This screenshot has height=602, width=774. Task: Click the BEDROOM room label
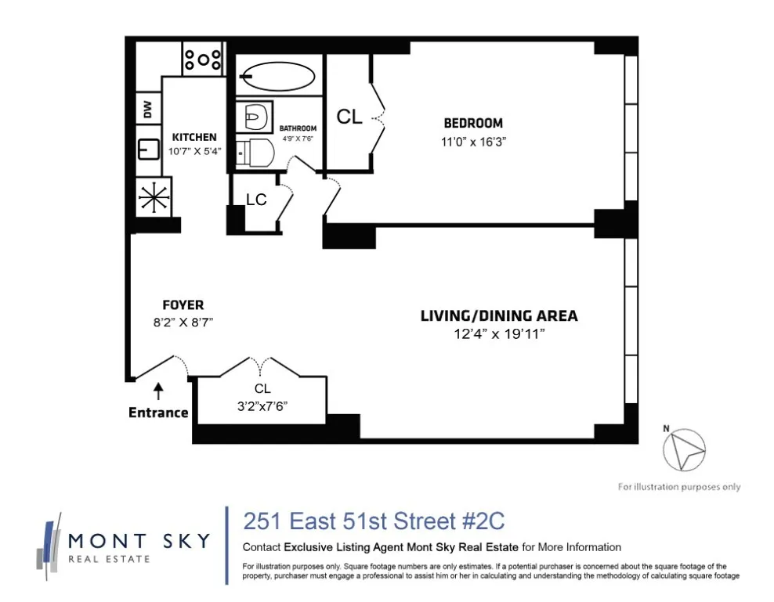click(x=473, y=123)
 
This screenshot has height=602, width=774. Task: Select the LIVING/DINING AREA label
click(x=499, y=316)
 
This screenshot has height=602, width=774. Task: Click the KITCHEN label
click(x=194, y=137)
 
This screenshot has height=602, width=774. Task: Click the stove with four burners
click(x=204, y=59)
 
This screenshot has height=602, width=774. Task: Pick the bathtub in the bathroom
click(x=277, y=76)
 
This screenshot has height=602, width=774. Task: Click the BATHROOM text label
click(x=298, y=128)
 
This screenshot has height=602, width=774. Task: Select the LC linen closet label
click(x=256, y=200)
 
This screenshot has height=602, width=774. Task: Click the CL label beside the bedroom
click(x=349, y=117)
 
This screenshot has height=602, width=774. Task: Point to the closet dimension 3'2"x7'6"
click(x=262, y=406)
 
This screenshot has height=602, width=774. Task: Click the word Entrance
click(x=158, y=413)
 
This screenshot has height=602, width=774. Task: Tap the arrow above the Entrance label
click(x=158, y=389)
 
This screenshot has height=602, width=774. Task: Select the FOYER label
click(x=183, y=305)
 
